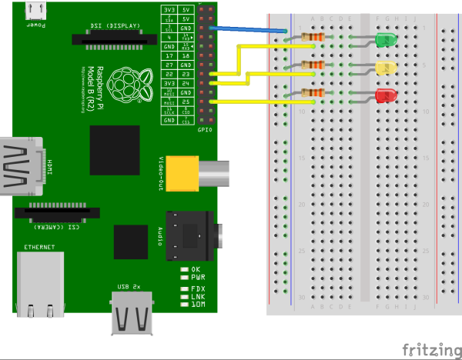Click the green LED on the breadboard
pos(385,40)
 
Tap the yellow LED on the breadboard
pos(385,68)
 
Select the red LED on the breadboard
pos(385,96)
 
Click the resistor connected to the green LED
pos(313,36)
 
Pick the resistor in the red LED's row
pos(313,93)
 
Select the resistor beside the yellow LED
pos(313,65)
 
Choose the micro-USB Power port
pos(35,10)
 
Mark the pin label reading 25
pos(186,102)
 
